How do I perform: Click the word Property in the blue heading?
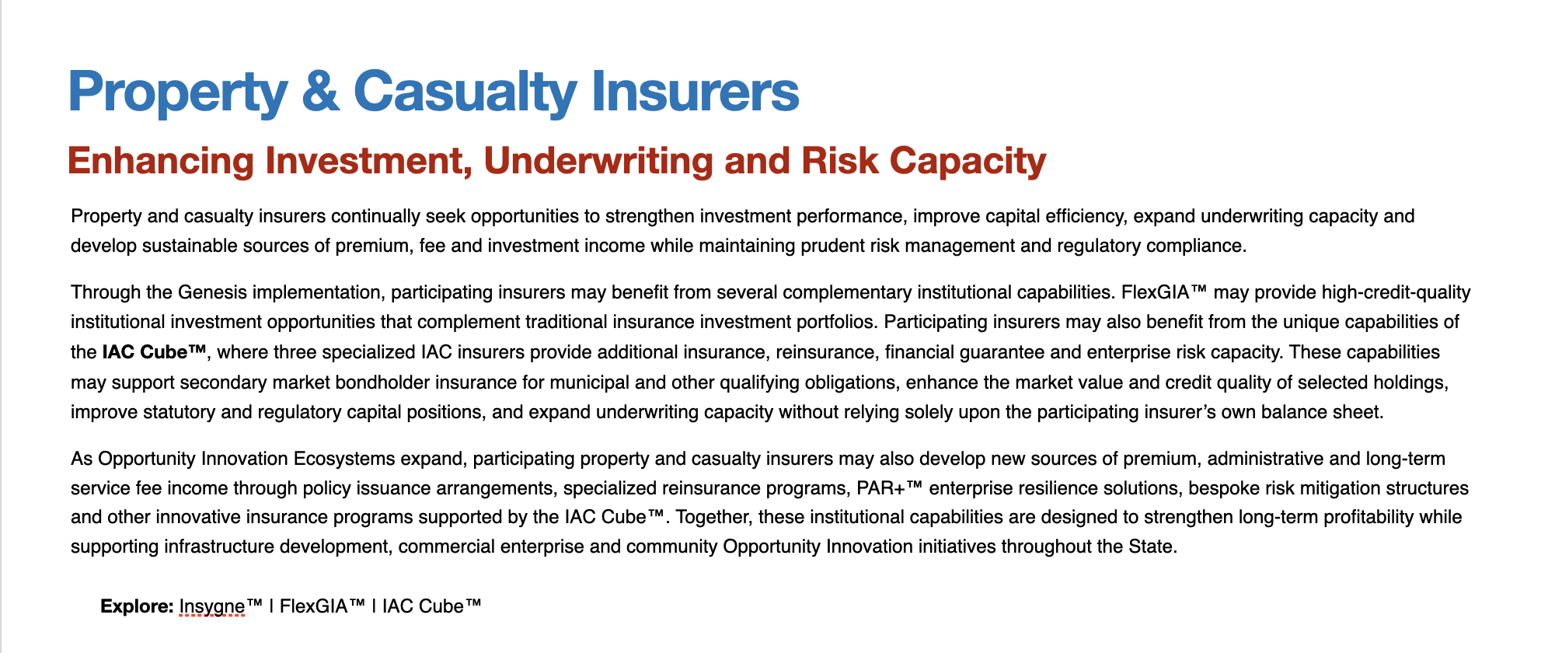(x=178, y=93)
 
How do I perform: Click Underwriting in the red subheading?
(x=598, y=161)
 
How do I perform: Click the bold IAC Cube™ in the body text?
(x=154, y=352)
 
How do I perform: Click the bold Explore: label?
(x=137, y=606)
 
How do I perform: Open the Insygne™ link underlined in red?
(x=221, y=607)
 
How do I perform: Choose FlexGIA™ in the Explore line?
(x=322, y=606)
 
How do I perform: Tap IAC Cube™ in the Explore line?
(x=432, y=606)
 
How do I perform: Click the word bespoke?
(x=1224, y=488)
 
